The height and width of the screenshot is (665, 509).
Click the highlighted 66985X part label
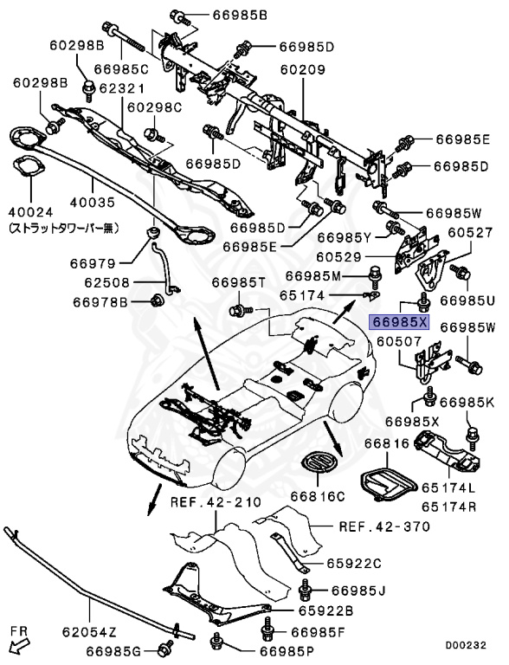tap(400, 323)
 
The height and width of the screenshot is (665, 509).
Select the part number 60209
tap(302, 69)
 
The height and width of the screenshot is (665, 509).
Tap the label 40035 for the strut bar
tap(93, 202)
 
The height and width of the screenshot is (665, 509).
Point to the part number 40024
tap(31, 211)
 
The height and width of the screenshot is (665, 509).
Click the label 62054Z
tap(89, 632)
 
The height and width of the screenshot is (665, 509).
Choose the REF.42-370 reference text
tap(384, 526)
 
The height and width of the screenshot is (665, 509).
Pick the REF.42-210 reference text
tap(216, 502)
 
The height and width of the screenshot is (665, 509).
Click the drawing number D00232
tap(466, 646)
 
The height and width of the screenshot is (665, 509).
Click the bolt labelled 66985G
tap(164, 649)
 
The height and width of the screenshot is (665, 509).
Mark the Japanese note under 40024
tap(64, 229)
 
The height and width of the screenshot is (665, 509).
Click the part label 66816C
tap(318, 496)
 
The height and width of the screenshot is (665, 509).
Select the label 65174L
tap(448, 487)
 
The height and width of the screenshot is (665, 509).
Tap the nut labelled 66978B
tap(157, 300)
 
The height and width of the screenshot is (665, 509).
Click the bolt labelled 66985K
tap(472, 436)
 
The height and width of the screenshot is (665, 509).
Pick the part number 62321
tap(122, 88)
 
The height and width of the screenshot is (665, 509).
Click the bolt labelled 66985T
tap(240, 311)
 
